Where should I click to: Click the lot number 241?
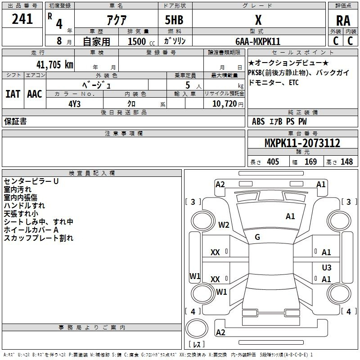[x=22, y=19]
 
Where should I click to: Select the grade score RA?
[x=343, y=21]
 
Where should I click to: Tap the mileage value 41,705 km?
[x=54, y=64]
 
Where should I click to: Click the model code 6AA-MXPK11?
[x=258, y=41]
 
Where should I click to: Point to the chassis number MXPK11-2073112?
[x=302, y=143]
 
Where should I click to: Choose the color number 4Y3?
[x=74, y=104]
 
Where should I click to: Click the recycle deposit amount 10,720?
[x=224, y=104]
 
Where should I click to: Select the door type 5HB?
[x=174, y=20]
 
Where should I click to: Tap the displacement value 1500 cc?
[x=141, y=41]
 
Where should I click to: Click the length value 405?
[x=273, y=162]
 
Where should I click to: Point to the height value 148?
[x=346, y=162]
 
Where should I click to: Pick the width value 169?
[x=310, y=162]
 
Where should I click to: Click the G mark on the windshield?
[x=257, y=237]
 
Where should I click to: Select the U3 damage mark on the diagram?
[x=327, y=267]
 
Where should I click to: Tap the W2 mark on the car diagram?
[x=224, y=225]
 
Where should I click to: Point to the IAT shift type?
[x=13, y=94]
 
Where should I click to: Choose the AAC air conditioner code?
[x=35, y=94]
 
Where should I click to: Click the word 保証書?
[x=15, y=121]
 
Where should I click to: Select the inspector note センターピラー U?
[x=31, y=181]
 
